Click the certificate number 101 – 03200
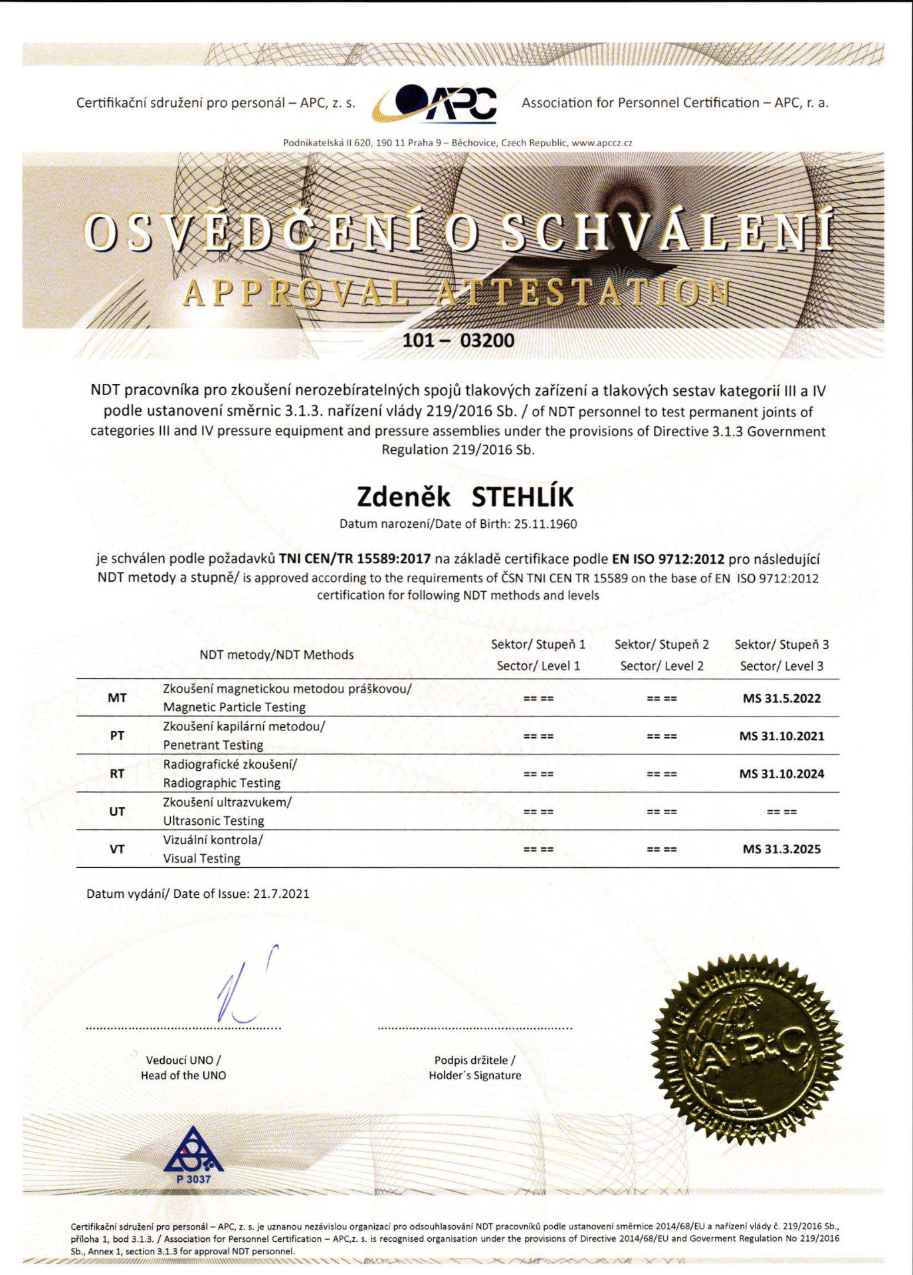(x=458, y=341)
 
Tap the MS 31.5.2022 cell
(x=781, y=699)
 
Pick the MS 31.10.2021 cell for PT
(x=781, y=736)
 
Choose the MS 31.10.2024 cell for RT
(x=781, y=774)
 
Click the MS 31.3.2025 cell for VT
(x=781, y=849)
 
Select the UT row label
(x=117, y=811)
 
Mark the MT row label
(x=117, y=699)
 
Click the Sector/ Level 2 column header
(x=661, y=666)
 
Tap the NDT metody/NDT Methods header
(x=276, y=655)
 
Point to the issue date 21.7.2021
(x=281, y=894)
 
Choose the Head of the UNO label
(x=183, y=1076)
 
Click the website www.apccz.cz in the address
(x=601, y=143)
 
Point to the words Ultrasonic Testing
(x=213, y=821)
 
